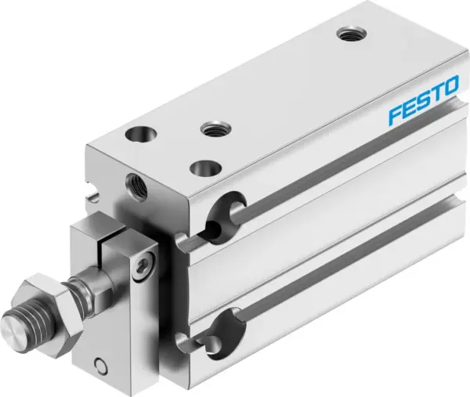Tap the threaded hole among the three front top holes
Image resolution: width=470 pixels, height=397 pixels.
point(211,128)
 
